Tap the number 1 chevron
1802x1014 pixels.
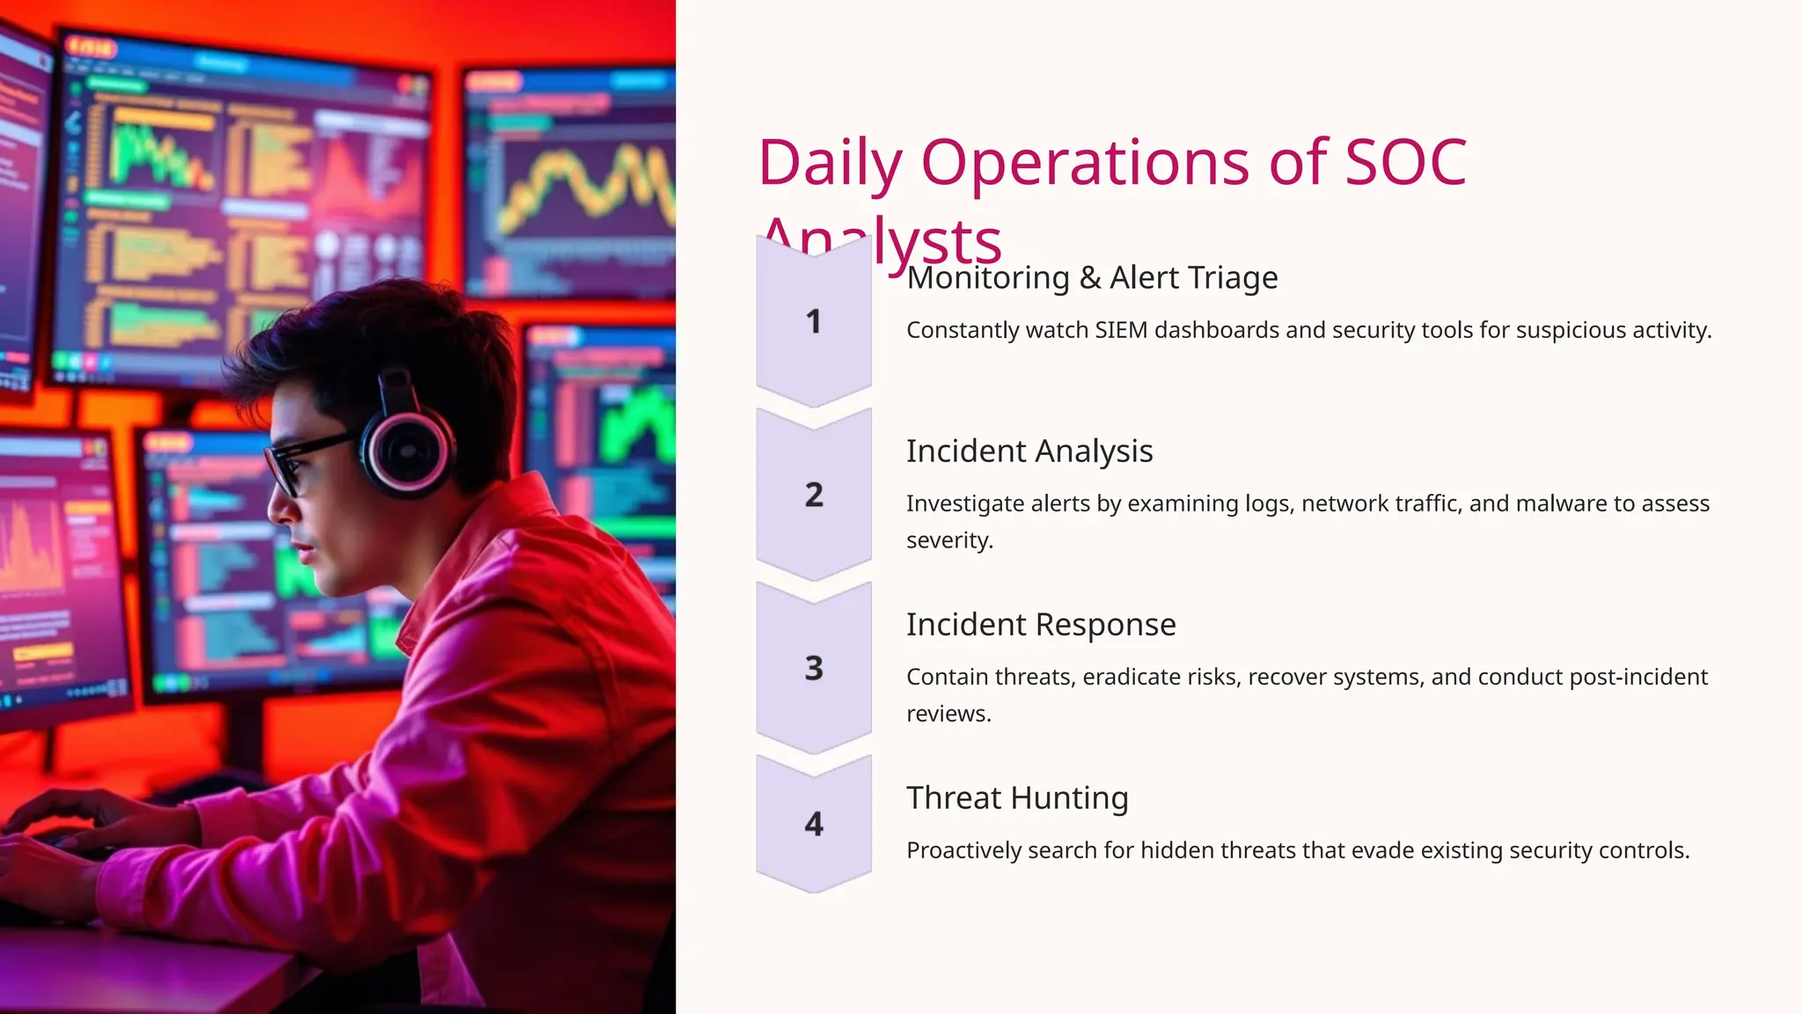point(814,322)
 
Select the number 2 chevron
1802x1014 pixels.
point(814,495)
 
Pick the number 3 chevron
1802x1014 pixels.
point(814,668)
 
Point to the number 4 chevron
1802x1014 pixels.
point(814,824)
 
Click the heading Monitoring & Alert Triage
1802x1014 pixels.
point(1092,278)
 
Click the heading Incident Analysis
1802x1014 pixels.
point(1029,452)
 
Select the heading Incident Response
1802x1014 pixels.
point(1041,625)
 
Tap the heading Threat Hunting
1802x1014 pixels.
point(1017,798)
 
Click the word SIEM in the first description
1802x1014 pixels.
point(1121,330)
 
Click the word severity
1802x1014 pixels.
point(949,540)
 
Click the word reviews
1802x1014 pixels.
point(949,714)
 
